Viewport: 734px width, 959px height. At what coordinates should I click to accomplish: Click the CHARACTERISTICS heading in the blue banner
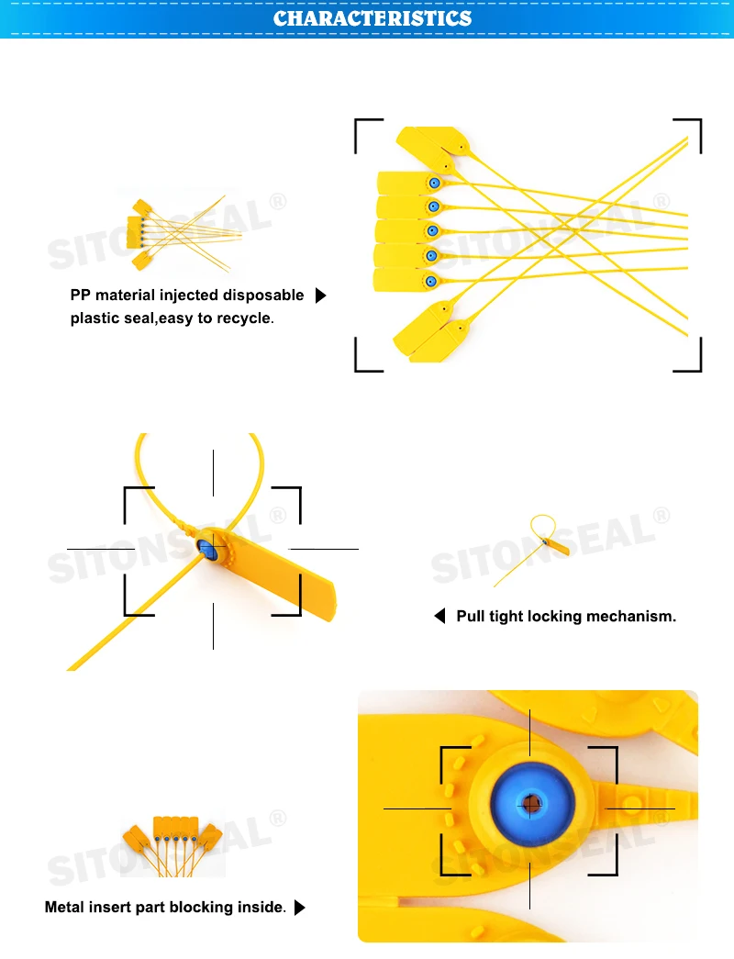[x=372, y=18]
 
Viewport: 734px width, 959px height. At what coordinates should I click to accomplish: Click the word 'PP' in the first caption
[x=80, y=295]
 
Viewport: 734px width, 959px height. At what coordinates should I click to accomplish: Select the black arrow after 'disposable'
[x=320, y=296]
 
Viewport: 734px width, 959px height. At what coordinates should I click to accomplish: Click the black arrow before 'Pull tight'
[x=439, y=616]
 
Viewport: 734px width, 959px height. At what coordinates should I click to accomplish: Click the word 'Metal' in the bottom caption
[x=64, y=907]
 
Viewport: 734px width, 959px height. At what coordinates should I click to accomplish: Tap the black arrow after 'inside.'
[x=300, y=908]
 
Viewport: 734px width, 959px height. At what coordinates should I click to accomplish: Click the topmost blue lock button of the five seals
[x=434, y=183]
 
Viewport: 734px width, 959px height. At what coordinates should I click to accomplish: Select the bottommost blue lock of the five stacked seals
[x=430, y=282]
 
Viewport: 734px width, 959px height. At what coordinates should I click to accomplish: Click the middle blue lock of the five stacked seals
[x=432, y=231]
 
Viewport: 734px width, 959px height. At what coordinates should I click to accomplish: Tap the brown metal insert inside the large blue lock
[x=531, y=804]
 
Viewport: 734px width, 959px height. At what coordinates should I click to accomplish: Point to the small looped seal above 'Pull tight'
[x=531, y=550]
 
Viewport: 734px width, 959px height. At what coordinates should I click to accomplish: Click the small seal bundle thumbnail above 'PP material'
[x=183, y=234]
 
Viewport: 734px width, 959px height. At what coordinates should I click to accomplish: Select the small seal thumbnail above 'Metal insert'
[x=172, y=846]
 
